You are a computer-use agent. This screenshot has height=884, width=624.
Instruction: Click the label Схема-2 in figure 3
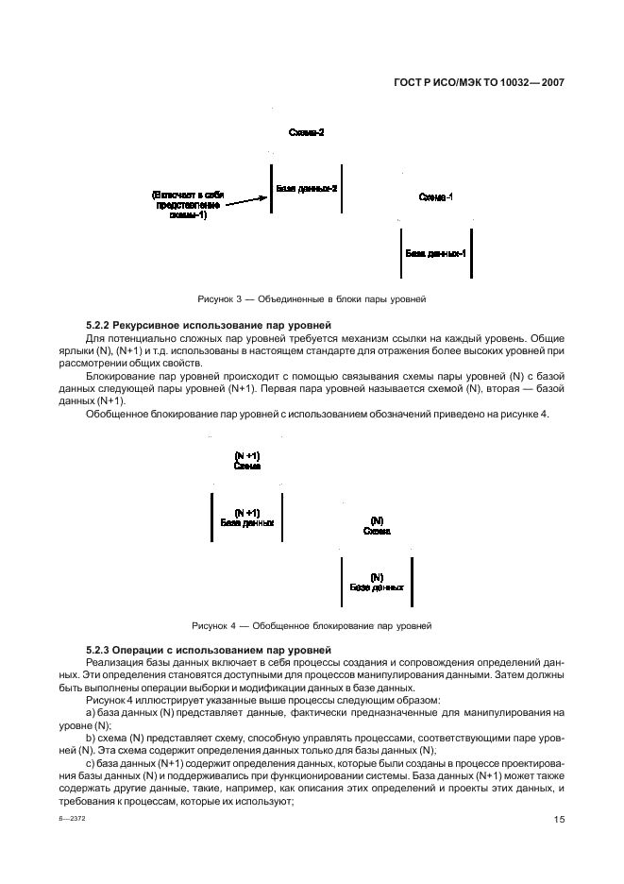point(307,133)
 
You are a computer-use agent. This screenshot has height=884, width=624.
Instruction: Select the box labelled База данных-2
point(306,189)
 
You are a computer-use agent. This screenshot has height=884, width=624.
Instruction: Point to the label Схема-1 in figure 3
point(435,196)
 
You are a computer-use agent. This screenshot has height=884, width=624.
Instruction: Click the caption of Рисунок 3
point(312,298)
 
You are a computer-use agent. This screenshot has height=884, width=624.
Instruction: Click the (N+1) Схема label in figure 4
point(246,460)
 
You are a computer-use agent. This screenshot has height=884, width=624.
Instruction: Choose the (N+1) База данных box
point(246,517)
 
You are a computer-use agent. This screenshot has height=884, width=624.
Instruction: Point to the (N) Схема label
point(377,525)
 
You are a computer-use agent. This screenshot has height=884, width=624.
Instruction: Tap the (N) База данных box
point(377,582)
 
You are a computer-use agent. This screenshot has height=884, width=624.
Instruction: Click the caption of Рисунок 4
point(312,625)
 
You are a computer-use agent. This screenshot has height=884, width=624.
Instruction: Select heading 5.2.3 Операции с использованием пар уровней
point(208,651)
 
